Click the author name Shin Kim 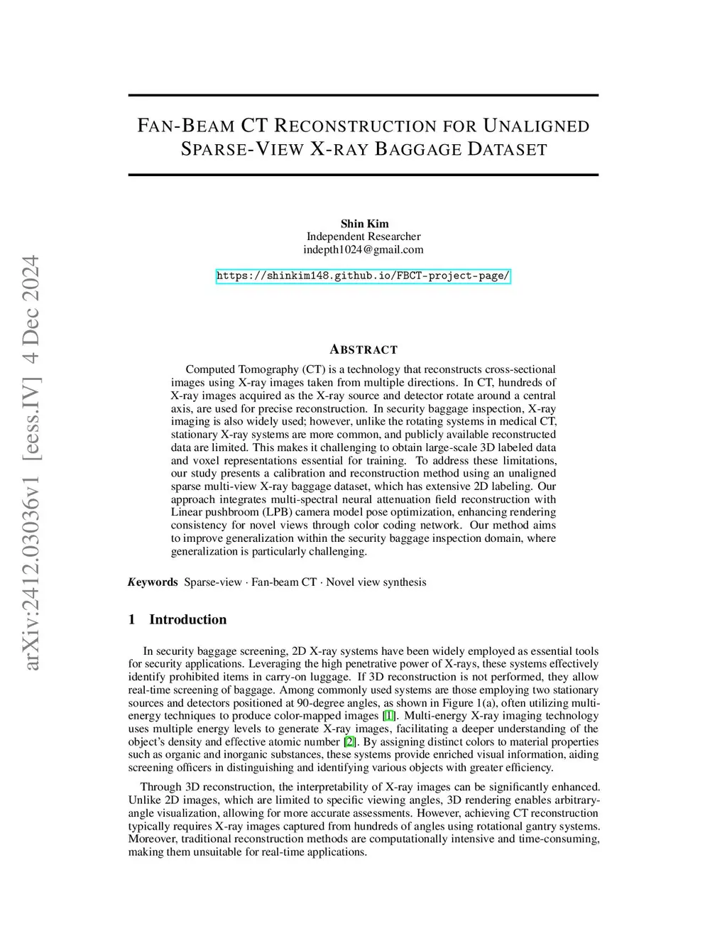tap(364, 224)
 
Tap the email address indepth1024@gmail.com tap(363, 249)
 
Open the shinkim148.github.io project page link tap(363, 276)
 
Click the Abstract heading tap(363, 349)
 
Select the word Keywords tap(153, 582)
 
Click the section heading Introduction tap(187, 619)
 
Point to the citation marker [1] tap(389, 716)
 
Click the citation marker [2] tap(349, 741)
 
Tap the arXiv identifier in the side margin tap(31, 462)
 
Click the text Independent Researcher tap(363, 236)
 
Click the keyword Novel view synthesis tap(376, 582)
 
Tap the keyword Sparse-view tap(213, 582)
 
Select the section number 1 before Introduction tap(131, 619)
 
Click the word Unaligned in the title tap(536, 126)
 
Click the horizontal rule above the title tap(363, 95)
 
